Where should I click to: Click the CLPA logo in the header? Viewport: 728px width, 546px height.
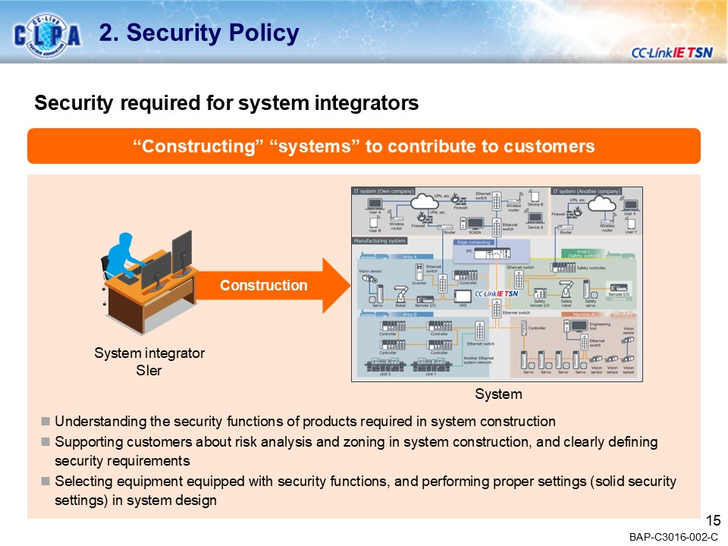pyautogui.click(x=47, y=34)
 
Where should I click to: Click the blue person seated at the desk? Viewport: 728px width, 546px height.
pyautogui.click(x=125, y=254)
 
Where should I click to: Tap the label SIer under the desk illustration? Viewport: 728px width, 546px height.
pyautogui.click(x=149, y=371)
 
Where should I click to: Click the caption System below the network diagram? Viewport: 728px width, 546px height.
pyautogui.click(x=498, y=394)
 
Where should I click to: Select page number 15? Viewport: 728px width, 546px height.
pyautogui.click(x=712, y=520)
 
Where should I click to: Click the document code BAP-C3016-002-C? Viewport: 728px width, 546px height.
pyautogui.click(x=673, y=537)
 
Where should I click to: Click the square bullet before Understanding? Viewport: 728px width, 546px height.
pyautogui.click(x=46, y=421)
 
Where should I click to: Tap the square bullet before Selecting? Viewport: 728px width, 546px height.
pyautogui.click(x=46, y=482)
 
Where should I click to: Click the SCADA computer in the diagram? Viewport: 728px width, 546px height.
pyautogui.click(x=475, y=224)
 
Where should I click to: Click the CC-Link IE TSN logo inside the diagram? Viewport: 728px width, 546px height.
pyautogui.click(x=496, y=293)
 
